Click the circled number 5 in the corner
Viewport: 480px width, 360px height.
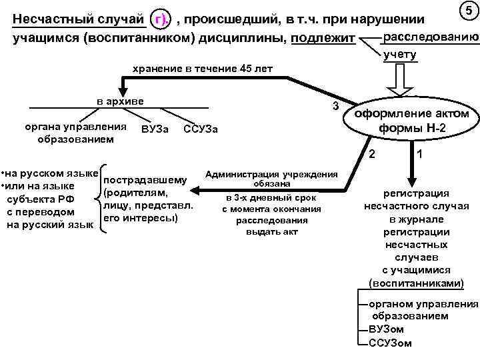pyautogui.click(x=468, y=11)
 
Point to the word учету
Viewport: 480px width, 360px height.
pyautogui.click(x=400, y=55)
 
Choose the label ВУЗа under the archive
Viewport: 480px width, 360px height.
pyautogui.click(x=155, y=127)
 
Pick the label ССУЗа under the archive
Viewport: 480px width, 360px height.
pyautogui.click(x=200, y=127)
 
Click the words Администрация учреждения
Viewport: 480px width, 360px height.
pyautogui.click(x=271, y=175)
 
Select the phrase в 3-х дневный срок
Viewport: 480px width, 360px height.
pyautogui.click(x=271, y=199)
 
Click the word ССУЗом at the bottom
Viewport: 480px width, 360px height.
pyautogui.click(x=390, y=343)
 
